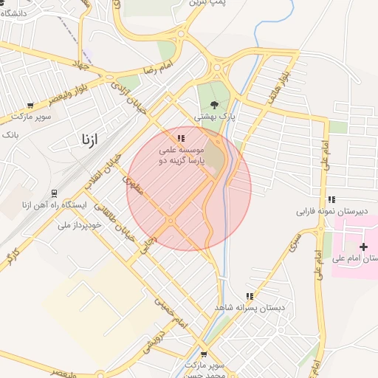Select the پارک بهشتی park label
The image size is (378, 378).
214,117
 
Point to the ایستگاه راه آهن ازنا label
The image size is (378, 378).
52,205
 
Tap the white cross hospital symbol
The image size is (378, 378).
362,246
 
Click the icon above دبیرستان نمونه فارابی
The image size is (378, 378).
331,199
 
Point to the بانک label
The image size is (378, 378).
10,135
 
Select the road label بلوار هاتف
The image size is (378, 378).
289,75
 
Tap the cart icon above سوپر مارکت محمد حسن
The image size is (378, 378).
204,354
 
